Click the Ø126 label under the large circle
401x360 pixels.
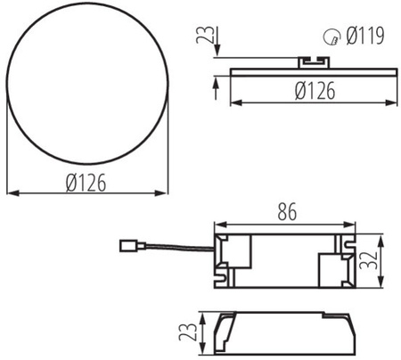tap(86, 181)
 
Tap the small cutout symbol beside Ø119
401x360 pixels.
tap(331, 37)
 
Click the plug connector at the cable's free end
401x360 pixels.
tap(134, 241)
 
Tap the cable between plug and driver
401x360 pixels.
tap(178, 247)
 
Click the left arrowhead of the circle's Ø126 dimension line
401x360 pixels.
tap(11, 190)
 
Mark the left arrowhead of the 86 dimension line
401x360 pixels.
tap(218, 224)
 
